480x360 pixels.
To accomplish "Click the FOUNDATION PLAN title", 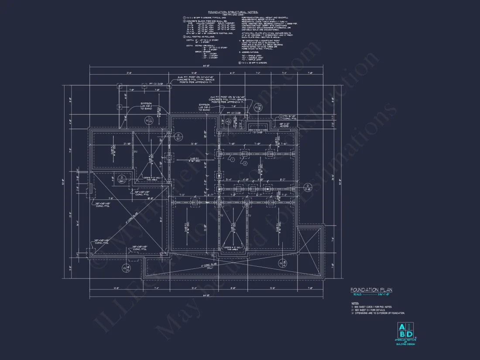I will coord(371,290).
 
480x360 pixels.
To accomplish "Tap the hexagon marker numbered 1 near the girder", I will coord(233,160).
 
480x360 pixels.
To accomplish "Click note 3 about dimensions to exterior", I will coord(378,313).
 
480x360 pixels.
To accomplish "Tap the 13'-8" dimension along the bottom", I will coord(273,288).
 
